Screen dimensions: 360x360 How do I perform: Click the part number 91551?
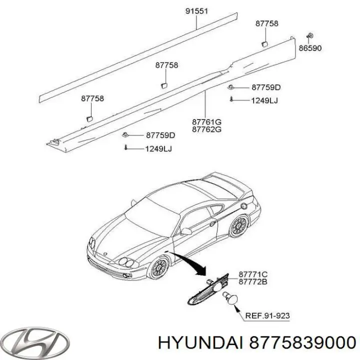click(196, 11)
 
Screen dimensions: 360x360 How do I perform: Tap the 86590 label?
click(310, 48)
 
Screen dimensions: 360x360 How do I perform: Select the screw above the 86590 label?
click(309, 36)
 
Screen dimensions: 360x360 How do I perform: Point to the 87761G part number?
click(206, 122)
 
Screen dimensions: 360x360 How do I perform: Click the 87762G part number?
click(206, 129)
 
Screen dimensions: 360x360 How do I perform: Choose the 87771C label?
click(253, 274)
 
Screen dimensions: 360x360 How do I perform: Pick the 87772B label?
click(253, 281)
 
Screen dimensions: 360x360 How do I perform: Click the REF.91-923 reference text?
click(267, 315)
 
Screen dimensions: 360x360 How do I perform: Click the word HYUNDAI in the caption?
click(200, 343)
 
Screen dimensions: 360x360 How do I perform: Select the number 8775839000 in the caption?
click(302, 343)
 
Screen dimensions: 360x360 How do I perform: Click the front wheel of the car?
click(159, 267)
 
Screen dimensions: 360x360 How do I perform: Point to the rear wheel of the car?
click(239, 226)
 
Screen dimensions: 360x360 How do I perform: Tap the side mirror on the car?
click(186, 231)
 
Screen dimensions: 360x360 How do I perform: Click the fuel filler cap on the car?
click(244, 205)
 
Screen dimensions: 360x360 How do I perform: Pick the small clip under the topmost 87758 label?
click(264, 44)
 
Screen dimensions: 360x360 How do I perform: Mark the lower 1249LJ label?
click(158, 149)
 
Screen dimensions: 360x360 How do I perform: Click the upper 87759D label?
click(266, 87)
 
